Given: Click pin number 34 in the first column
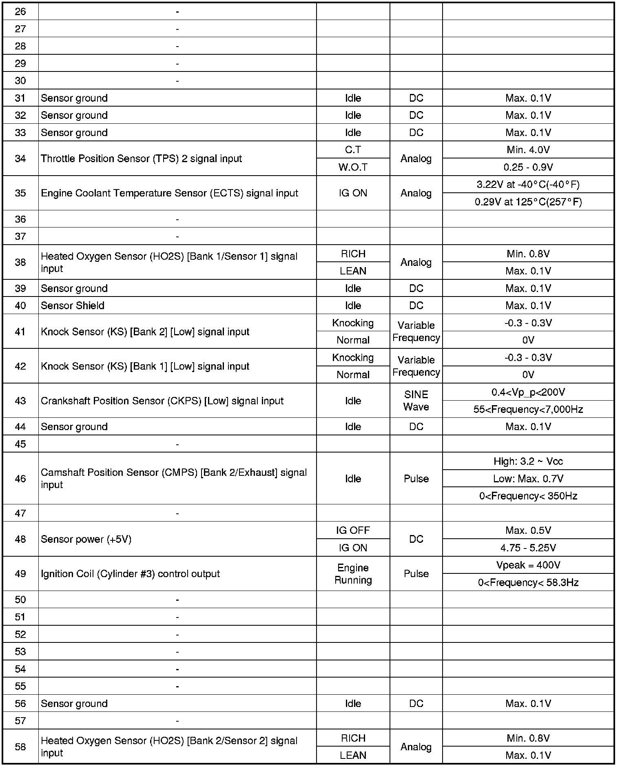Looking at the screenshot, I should coord(20,158).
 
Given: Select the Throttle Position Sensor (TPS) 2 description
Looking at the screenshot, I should coord(141,158).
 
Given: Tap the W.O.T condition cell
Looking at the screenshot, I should coord(353,167).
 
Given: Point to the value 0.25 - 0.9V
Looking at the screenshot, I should coord(528,167).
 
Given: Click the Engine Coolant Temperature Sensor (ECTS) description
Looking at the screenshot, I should coord(169,193).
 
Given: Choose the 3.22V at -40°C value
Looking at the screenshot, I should coord(528,185).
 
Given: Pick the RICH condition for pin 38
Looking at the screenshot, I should coord(353,254).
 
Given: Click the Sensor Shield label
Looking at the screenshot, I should coord(73,305).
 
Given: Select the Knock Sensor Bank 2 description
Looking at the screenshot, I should coord(145,332).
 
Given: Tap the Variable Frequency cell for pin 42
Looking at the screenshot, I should coord(416,366).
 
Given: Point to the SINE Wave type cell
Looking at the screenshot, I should coord(416,401).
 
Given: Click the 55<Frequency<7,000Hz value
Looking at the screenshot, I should coord(528,409).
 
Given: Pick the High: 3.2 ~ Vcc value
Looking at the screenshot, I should coord(528,462).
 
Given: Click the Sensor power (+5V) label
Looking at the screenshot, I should coord(86,539).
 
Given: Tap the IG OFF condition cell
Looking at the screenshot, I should coord(353,531).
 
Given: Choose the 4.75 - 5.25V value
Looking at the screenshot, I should coord(528,548).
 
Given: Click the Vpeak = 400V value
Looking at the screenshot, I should coord(528,565).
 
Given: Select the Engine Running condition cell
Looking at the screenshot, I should coord(353,574).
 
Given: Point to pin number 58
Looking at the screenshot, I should coord(20,747).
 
